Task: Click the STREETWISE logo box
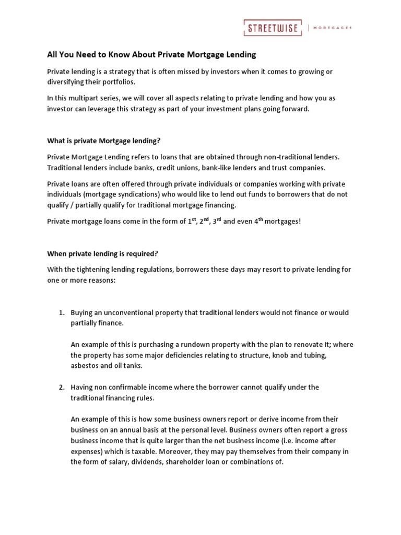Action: click(272, 28)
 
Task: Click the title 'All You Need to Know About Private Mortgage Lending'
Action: click(152, 54)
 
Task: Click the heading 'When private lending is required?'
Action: click(102, 253)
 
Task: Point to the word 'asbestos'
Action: click(85, 366)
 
